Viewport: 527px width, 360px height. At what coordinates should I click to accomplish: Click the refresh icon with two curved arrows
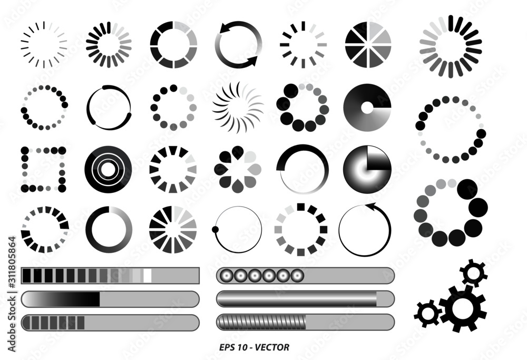click(x=237, y=44)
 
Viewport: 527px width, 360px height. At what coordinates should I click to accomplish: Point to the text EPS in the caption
click(x=227, y=347)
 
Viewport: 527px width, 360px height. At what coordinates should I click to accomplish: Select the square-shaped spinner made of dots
click(x=43, y=169)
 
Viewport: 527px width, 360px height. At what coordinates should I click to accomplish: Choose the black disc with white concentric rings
click(x=108, y=169)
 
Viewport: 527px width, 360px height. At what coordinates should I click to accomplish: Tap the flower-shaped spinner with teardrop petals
click(x=238, y=169)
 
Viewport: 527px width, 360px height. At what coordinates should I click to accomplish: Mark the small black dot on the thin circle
click(x=215, y=229)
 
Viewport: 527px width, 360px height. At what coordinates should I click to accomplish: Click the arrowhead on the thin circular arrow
click(x=370, y=206)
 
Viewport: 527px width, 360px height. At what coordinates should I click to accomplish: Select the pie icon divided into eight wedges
click(x=368, y=44)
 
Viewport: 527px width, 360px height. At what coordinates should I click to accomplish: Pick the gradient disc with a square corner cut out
click(x=368, y=169)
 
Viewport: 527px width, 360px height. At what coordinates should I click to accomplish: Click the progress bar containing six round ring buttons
click(x=305, y=275)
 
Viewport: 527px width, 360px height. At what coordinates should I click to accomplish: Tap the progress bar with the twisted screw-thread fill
click(x=305, y=322)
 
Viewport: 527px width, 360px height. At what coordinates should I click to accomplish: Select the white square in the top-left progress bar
click(x=148, y=275)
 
